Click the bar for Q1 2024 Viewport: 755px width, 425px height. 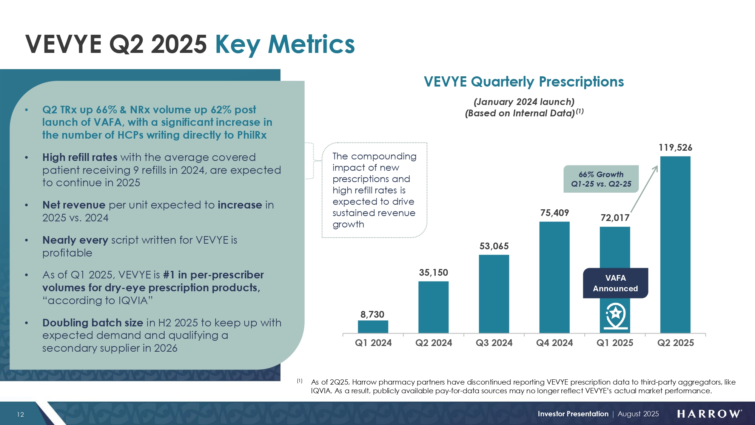point(373,326)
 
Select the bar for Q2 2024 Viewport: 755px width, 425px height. point(433,307)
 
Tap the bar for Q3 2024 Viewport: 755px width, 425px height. point(494,294)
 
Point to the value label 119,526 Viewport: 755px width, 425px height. point(675,148)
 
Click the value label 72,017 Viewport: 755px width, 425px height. point(615,218)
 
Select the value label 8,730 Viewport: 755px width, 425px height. point(372,314)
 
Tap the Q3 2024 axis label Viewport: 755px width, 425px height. point(494,343)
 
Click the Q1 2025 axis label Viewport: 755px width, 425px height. point(615,343)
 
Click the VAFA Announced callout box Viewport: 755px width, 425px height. point(615,283)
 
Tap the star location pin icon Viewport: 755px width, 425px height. point(616,315)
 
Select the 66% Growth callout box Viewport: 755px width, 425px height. point(601,179)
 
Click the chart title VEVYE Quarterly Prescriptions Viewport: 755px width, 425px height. point(524,82)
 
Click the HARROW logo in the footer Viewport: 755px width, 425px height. point(709,414)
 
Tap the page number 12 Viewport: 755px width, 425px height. point(20,414)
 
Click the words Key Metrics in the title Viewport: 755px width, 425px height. point(285,44)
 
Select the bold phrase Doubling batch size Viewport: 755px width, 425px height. point(92,323)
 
